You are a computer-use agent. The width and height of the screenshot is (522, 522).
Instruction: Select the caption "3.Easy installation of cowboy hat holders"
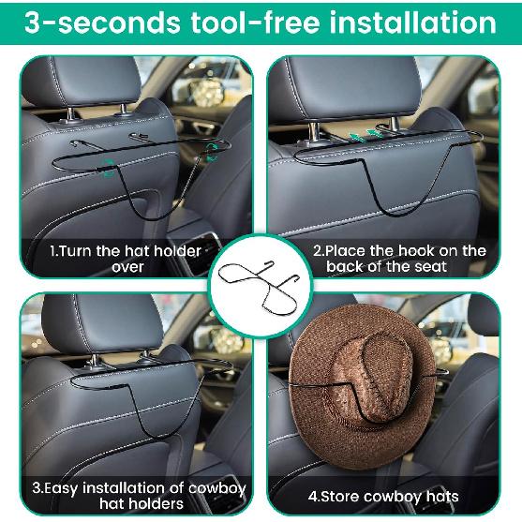(x=140, y=497)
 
